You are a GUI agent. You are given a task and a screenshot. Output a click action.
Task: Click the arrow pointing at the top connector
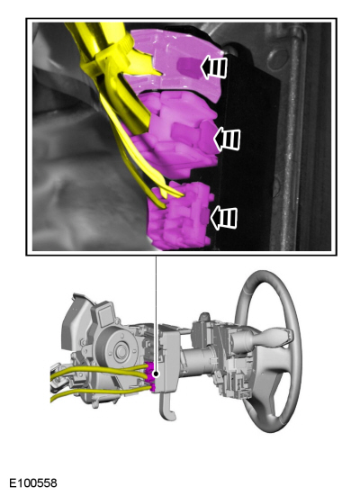pos(214,67)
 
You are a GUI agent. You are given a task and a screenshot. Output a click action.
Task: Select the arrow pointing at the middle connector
pos(227,139)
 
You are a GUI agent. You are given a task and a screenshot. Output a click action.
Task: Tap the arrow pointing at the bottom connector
pos(224,218)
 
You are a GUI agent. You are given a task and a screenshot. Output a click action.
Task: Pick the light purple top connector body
pos(177,63)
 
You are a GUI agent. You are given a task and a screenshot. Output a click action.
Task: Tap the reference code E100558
pos(33,483)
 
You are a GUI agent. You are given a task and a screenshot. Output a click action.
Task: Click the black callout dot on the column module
pos(156,374)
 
